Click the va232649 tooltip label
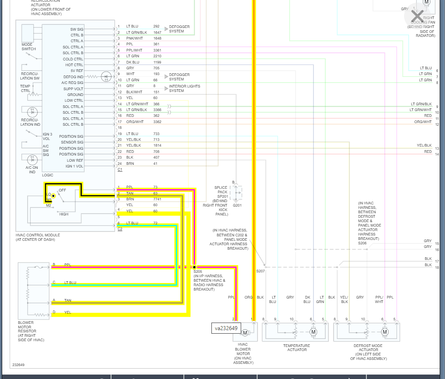pyautogui.click(x=226, y=329)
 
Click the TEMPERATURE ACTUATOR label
pyautogui.click(x=297, y=347)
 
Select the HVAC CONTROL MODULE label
pyautogui.click(x=38, y=237)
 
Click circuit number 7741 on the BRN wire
pyautogui.click(x=157, y=199)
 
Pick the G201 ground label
pyautogui.click(x=237, y=205)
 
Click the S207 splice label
pyautogui.click(x=260, y=271)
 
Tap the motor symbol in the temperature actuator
pyautogui.click(x=313, y=332)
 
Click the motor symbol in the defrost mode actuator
pyautogui.click(x=385, y=332)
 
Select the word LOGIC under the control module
pyautogui.click(x=48, y=175)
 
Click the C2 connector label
pyautogui.click(x=120, y=228)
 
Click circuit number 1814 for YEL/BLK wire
pyautogui.click(x=157, y=146)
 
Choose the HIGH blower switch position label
pyautogui.click(x=64, y=214)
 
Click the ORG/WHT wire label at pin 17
pyautogui.click(x=135, y=122)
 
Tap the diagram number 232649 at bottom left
pyautogui.click(x=19, y=365)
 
